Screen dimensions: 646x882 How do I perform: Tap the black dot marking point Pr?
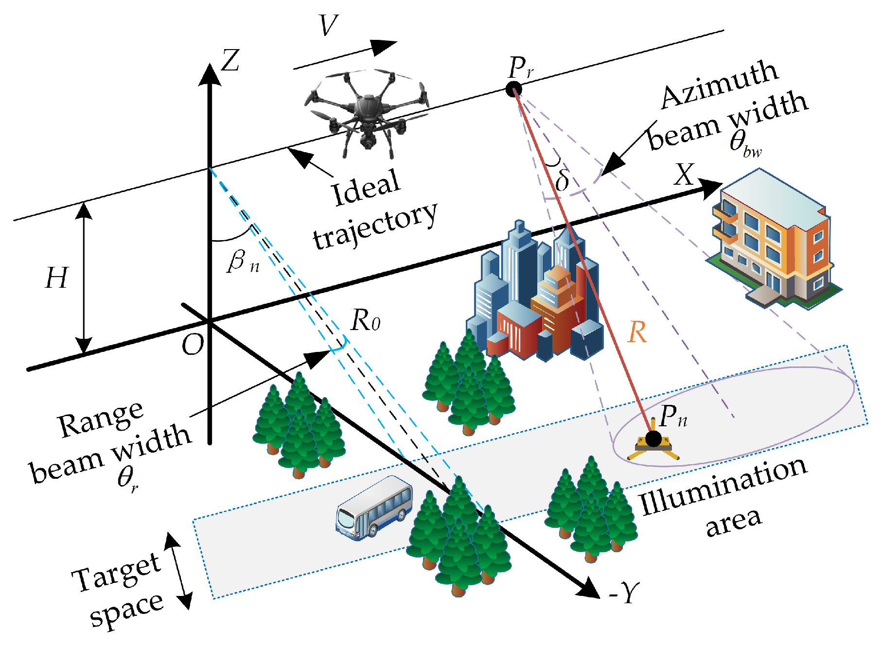click(x=513, y=89)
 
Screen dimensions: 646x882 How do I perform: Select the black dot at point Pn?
click(x=653, y=438)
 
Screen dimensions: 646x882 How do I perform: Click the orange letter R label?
click(x=637, y=332)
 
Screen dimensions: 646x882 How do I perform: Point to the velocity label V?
click(x=329, y=25)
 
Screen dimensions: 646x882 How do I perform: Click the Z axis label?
click(x=230, y=62)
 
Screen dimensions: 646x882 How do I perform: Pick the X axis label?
click(x=685, y=175)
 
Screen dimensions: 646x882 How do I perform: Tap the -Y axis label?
click(x=624, y=593)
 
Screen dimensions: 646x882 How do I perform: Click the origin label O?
click(x=193, y=346)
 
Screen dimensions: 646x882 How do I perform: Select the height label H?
click(x=56, y=279)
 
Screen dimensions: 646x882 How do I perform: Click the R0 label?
click(x=365, y=321)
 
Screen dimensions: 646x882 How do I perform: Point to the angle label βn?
click(x=243, y=262)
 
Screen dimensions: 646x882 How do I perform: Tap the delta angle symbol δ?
click(x=563, y=180)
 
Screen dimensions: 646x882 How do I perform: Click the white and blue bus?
click(x=374, y=508)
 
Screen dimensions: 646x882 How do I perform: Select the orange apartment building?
click(x=773, y=238)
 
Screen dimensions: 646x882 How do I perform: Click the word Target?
click(x=117, y=573)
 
